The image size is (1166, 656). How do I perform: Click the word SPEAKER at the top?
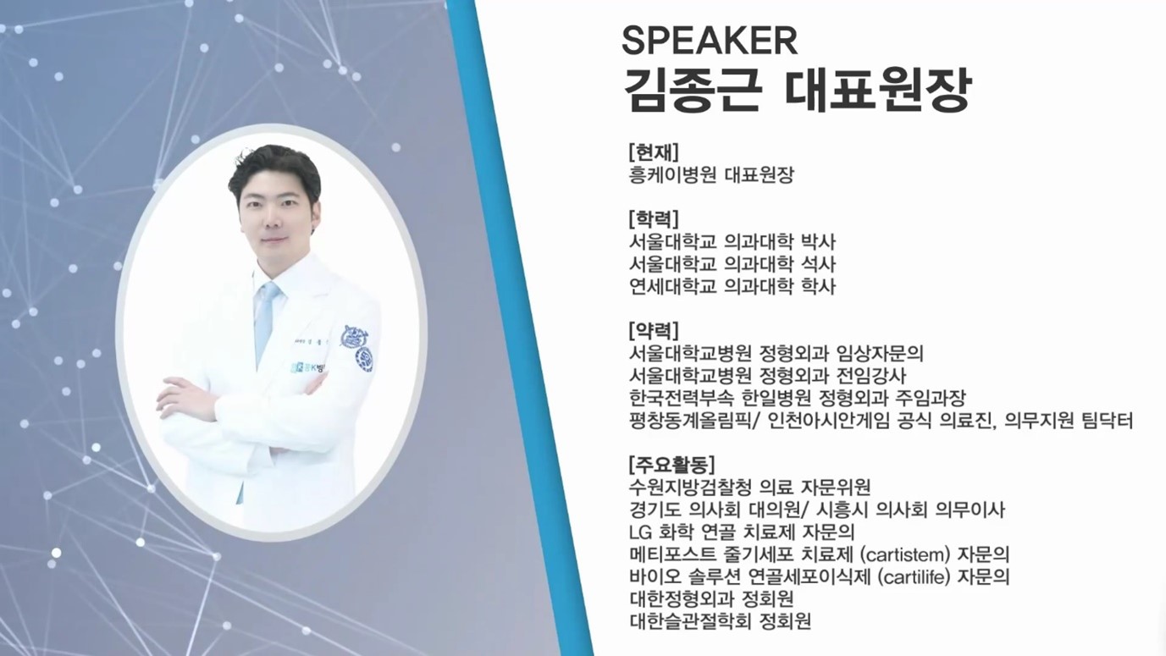[710, 41]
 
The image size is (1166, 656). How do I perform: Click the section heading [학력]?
[654, 219]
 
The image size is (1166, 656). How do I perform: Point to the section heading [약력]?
[654, 330]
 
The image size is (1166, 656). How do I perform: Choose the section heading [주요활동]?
[671, 464]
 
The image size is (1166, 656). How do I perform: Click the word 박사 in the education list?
[818, 242]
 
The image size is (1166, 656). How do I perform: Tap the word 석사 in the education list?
[818, 264]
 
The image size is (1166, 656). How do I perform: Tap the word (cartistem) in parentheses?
[906, 555]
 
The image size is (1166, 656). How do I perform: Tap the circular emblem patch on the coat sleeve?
[364, 360]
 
